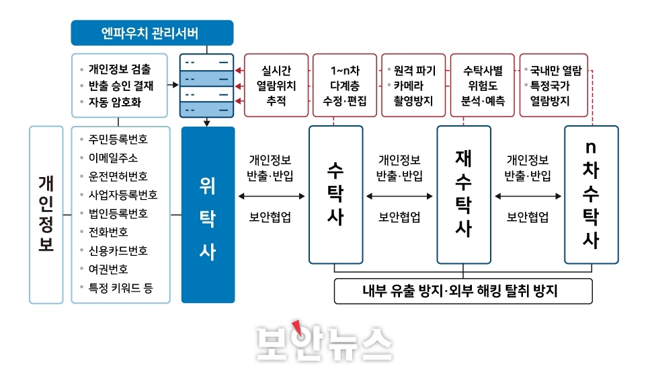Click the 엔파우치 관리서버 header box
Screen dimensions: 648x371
(x=152, y=33)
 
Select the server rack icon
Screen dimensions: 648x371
(x=206, y=86)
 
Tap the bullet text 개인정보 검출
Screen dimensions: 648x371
(x=120, y=69)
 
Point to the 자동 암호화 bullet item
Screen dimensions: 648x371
(x=115, y=102)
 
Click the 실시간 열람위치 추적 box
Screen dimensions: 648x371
(x=276, y=86)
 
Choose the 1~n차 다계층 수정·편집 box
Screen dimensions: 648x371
(x=345, y=86)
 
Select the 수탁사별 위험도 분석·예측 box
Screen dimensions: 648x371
(x=482, y=86)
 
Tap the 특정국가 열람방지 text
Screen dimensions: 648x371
(x=550, y=94)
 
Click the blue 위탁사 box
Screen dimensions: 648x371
(x=208, y=215)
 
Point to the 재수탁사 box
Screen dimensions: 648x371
(x=464, y=195)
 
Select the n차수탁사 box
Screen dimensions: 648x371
(x=592, y=195)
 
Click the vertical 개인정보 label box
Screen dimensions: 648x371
(x=46, y=215)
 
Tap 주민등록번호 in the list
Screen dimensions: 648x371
(x=118, y=139)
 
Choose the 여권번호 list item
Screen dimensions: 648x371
(x=108, y=269)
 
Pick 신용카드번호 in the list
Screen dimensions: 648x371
(x=118, y=250)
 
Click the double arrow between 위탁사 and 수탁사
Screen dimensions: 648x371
(x=272, y=196)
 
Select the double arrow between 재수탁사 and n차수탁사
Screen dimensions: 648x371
(x=528, y=196)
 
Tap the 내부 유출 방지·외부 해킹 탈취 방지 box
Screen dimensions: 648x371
(x=463, y=291)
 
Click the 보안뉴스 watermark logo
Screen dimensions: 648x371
(x=324, y=343)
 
